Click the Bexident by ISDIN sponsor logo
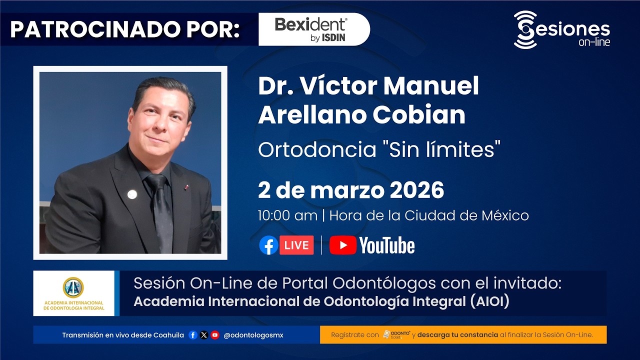coord(311,29)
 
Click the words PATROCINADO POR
coord(124,29)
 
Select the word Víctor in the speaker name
coord(340,86)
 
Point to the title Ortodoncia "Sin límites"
coord(379,149)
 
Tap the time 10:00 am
coord(287,215)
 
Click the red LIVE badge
coord(296,245)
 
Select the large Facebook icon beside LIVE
coord(268,245)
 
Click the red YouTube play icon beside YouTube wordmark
coord(342,245)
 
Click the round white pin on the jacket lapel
coord(132,194)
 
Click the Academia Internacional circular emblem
coord(73,287)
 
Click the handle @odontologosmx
coord(253,335)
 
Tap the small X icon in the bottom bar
coord(204,335)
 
